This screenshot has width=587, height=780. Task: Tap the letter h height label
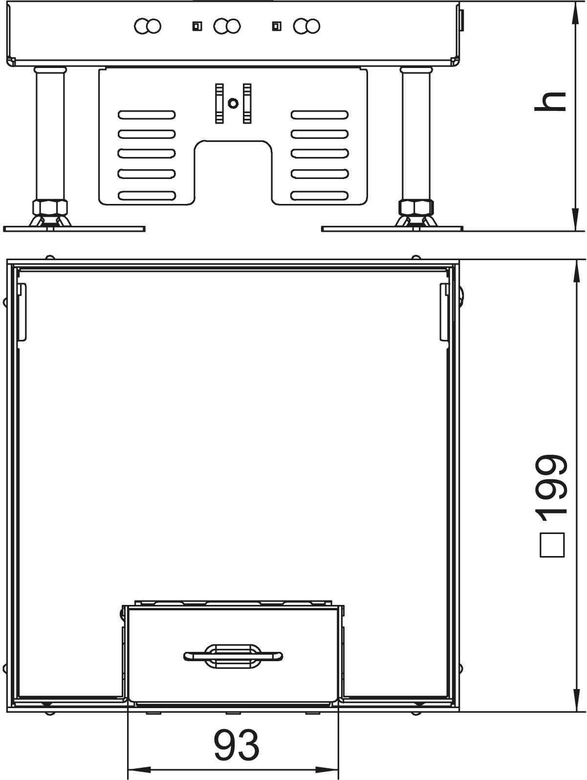[x=550, y=102]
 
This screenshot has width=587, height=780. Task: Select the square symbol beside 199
[x=552, y=545]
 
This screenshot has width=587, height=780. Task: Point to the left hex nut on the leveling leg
[x=50, y=207]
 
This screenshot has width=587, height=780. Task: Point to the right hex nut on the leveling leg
[x=416, y=207]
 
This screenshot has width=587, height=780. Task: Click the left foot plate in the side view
[x=74, y=229]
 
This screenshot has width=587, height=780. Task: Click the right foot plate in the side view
[x=392, y=229]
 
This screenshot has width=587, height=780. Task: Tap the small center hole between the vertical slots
[x=233, y=103]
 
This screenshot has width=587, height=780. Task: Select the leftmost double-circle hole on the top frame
[x=148, y=26]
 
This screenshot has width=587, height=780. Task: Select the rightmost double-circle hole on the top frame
[x=306, y=26]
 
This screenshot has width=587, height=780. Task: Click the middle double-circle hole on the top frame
[x=227, y=26]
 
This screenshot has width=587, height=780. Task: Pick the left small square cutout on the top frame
[x=197, y=26]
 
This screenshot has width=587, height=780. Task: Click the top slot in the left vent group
[x=147, y=115]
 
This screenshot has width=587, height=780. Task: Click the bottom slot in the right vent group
[x=320, y=196]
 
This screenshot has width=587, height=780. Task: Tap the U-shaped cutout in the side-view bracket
[x=233, y=173]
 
